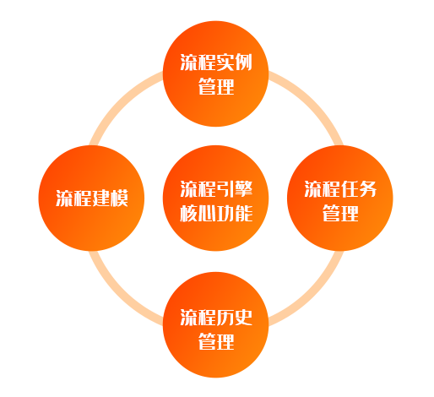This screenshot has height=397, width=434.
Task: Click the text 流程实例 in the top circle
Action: [216, 63]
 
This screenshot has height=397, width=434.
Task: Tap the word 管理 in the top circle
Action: [216, 86]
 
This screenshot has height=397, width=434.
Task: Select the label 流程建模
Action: [92, 198]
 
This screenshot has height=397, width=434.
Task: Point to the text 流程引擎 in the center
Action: [216, 188]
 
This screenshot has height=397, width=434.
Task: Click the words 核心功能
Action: [216, 213]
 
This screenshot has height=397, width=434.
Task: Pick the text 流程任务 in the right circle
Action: [340, 188]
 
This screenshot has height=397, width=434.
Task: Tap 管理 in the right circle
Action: [340, 213]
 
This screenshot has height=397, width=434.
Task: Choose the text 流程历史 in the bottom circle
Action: [216, 318]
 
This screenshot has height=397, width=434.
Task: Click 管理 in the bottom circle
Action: [216, 341]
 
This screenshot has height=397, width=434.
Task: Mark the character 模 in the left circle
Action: [119, 198]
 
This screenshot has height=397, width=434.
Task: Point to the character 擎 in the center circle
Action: [243, 188]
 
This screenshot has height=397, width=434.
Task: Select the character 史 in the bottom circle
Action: [243, 318]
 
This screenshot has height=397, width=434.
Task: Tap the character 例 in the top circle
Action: [243, 63]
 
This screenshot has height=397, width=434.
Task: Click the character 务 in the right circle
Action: [367, 188]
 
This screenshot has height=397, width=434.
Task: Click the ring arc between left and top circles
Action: [122, 104]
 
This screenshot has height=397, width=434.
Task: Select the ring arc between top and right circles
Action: [310, 104]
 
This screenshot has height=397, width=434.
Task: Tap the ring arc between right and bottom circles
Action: [310, 293]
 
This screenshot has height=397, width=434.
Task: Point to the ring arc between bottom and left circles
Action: [122, 293]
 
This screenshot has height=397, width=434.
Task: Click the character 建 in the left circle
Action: [101, 198]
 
